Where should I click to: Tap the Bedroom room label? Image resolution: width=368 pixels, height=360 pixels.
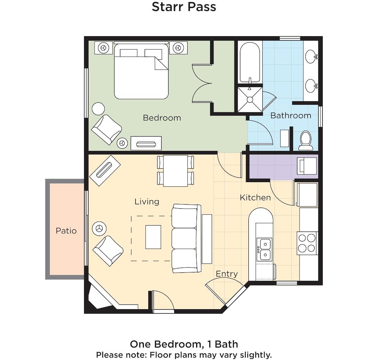[x=162, y=118]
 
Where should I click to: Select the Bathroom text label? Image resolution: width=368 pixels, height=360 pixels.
[x=291, y=116]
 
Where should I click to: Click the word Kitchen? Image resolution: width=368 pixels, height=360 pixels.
[x=255, y=198]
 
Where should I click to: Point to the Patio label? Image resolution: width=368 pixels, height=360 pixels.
[x=66, y=231]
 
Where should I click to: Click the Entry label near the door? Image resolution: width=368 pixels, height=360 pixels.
[x=227, y=274]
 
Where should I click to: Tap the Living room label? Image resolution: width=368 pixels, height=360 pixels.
[x=147, y=202]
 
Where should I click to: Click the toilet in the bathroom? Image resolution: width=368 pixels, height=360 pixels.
[x=305, y=140]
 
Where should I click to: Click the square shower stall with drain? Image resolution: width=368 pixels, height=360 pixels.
[x=250, y=99]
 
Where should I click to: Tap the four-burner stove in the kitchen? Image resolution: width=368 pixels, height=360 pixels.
[x=307, y=243]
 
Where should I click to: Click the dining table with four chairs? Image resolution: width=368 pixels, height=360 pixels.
[x=176, y=171]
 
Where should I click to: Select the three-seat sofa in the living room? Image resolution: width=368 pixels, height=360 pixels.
[x=186, y=239]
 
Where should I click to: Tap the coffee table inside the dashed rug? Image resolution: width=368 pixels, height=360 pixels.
[x=153, y=237]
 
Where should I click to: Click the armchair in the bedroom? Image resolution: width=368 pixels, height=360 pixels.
[x=106, y=129]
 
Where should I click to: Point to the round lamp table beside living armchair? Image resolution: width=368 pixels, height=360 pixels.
[x=99, y=228]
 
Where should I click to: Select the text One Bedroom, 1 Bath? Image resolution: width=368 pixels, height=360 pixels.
[x=184, y=344]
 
